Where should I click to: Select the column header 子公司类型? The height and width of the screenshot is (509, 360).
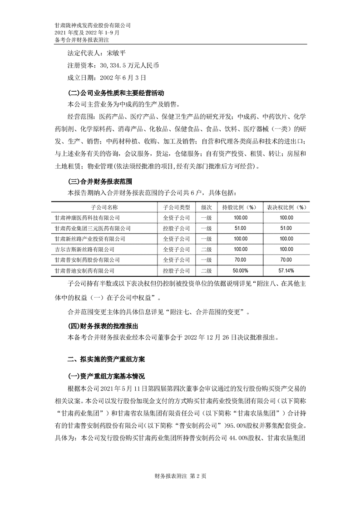[176, 207]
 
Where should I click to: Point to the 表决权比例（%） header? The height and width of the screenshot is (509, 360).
[286, 207]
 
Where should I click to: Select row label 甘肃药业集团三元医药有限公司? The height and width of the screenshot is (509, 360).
[92, 228]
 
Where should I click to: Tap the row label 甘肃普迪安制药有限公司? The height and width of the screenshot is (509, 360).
[84, 270]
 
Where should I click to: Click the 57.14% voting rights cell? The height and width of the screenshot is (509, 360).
[286, 270]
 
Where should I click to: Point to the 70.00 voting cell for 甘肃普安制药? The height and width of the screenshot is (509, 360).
[286, 260]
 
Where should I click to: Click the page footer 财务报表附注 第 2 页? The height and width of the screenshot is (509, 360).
[180, 476]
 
